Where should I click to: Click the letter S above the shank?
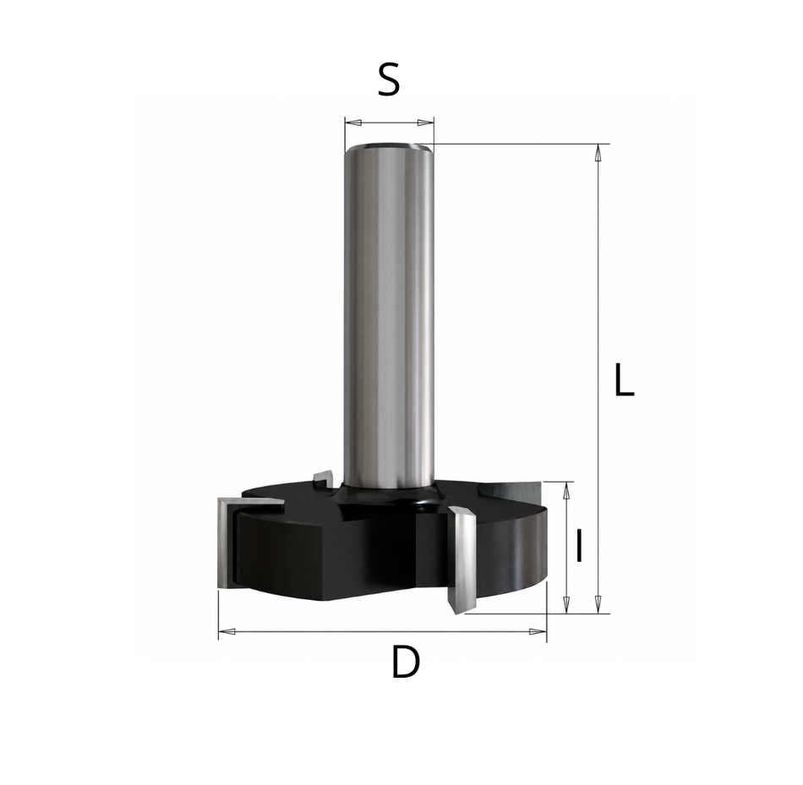click(x=389, y=81)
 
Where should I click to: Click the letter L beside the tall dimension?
click(x=625, y=380)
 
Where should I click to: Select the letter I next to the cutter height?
click(x=579, y=546)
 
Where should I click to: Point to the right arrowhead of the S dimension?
click(x=425, y=123)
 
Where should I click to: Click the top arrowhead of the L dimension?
click(x=598, y=153)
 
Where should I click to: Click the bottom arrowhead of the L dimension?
click(x=598, y=604)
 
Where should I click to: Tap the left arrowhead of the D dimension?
click(x=227, y=631)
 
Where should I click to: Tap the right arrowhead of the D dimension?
click(x=538, y=631)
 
